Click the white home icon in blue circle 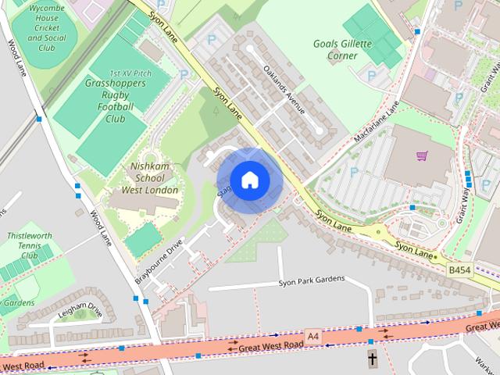pyautogui.click(x=249, y=180)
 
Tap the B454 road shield pyautogui.click(x=459, y=269)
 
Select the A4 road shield pyautogui.click(x=313, y=335)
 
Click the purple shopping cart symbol pyautogui.click(x=423, y=156)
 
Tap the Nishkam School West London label pyautogui.click(x=151, y=178)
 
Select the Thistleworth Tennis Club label pyautogui.click(x=28, y=245)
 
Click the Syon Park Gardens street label pyautogui.click(x=311, y=283)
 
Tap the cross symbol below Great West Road pyautogui.click(x=372, y=360)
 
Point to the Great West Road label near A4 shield pyautogui.click(x=270, y=345)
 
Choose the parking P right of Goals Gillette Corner pyautogui.click(x=370, y=77)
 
